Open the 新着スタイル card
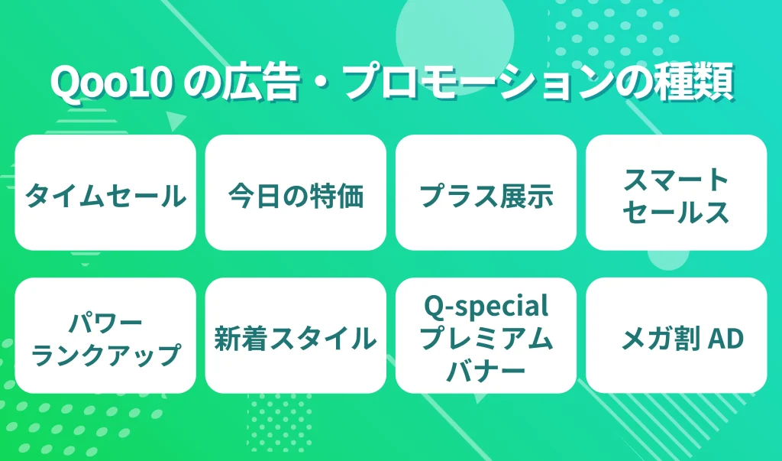(296, 337)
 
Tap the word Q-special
(486, 307)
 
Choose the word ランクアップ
(105, 354)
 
